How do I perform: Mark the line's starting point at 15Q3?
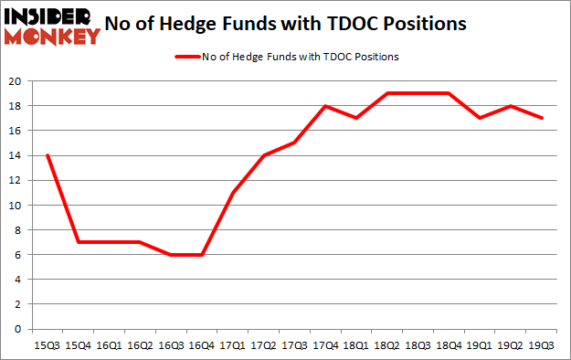[47, 155]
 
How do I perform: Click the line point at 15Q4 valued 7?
[80, 242]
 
